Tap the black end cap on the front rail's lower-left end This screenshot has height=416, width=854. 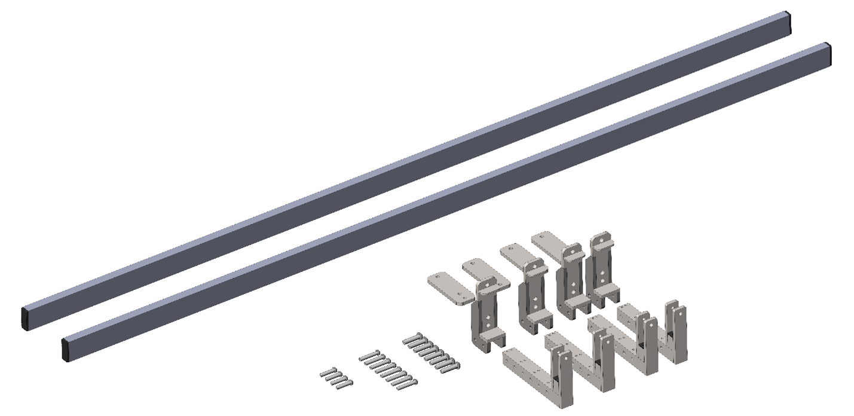65,349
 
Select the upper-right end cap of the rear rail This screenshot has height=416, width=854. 788,23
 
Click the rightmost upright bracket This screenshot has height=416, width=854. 601,266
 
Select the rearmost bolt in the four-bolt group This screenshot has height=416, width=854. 329,372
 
